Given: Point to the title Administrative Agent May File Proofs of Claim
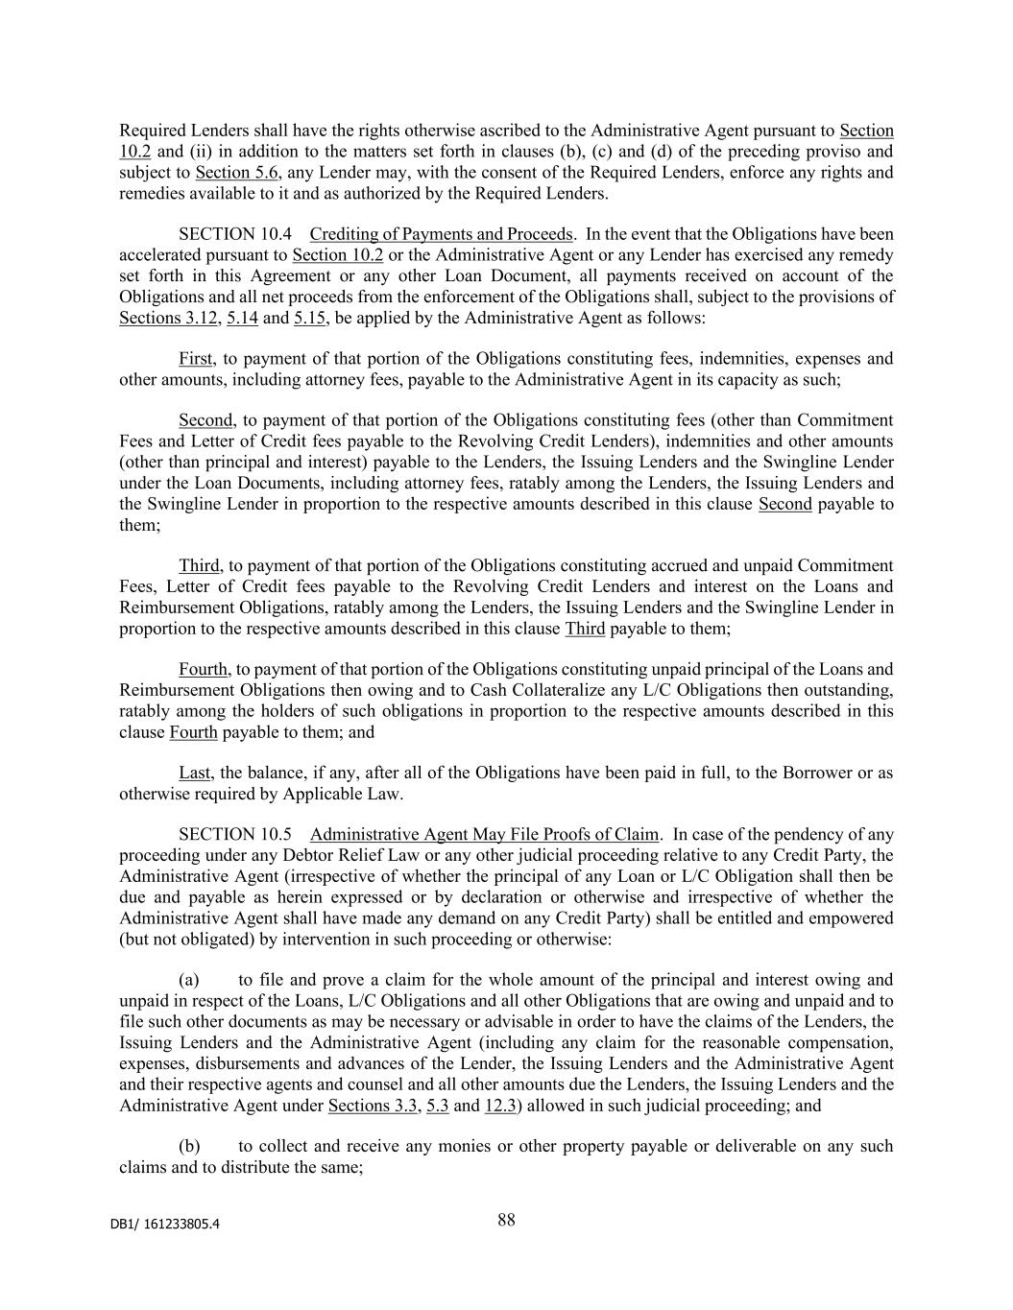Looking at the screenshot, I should (485, 834).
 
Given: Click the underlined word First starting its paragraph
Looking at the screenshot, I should (195, 359).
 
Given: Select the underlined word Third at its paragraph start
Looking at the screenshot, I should (199, 566).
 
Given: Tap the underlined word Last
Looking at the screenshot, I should (195, 774).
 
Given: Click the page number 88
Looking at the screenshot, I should (506, 1220).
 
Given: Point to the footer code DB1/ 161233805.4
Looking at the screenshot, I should (169, 1224).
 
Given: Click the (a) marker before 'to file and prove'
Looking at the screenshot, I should (189, 980).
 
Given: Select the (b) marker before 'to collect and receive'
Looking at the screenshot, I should (189, 1146).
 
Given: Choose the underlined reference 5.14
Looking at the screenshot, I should (242, 318).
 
